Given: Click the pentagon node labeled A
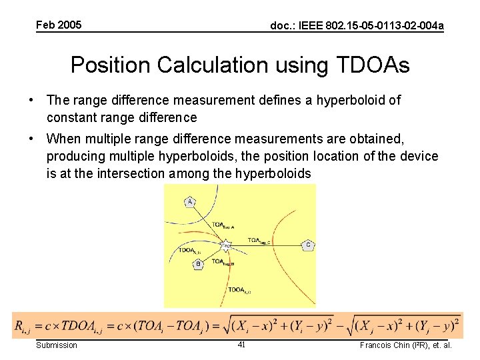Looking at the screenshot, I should [190, 202].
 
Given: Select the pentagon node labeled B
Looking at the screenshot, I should [198, 265].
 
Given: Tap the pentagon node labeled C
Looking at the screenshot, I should [307, 245].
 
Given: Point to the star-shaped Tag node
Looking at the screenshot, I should [226, 245].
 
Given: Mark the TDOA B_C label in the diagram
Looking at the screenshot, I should [239, 290].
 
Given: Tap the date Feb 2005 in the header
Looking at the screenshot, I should [59, 25].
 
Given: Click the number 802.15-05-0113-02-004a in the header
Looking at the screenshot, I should [383, 26].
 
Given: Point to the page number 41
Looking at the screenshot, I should [242, 345].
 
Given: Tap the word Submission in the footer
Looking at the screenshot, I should [56, 345].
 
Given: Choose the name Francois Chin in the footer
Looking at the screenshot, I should [384, 345].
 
